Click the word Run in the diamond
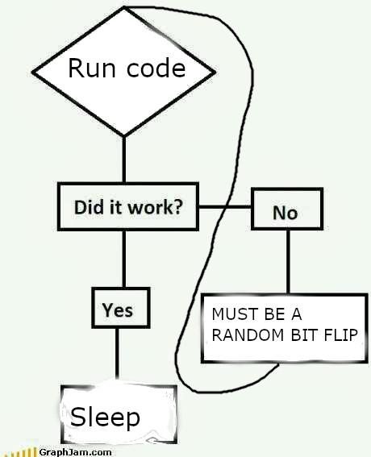86,68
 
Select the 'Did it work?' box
127,206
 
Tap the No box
286,212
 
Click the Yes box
118,310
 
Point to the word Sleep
105,417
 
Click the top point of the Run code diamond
124,8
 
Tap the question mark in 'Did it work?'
177,206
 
